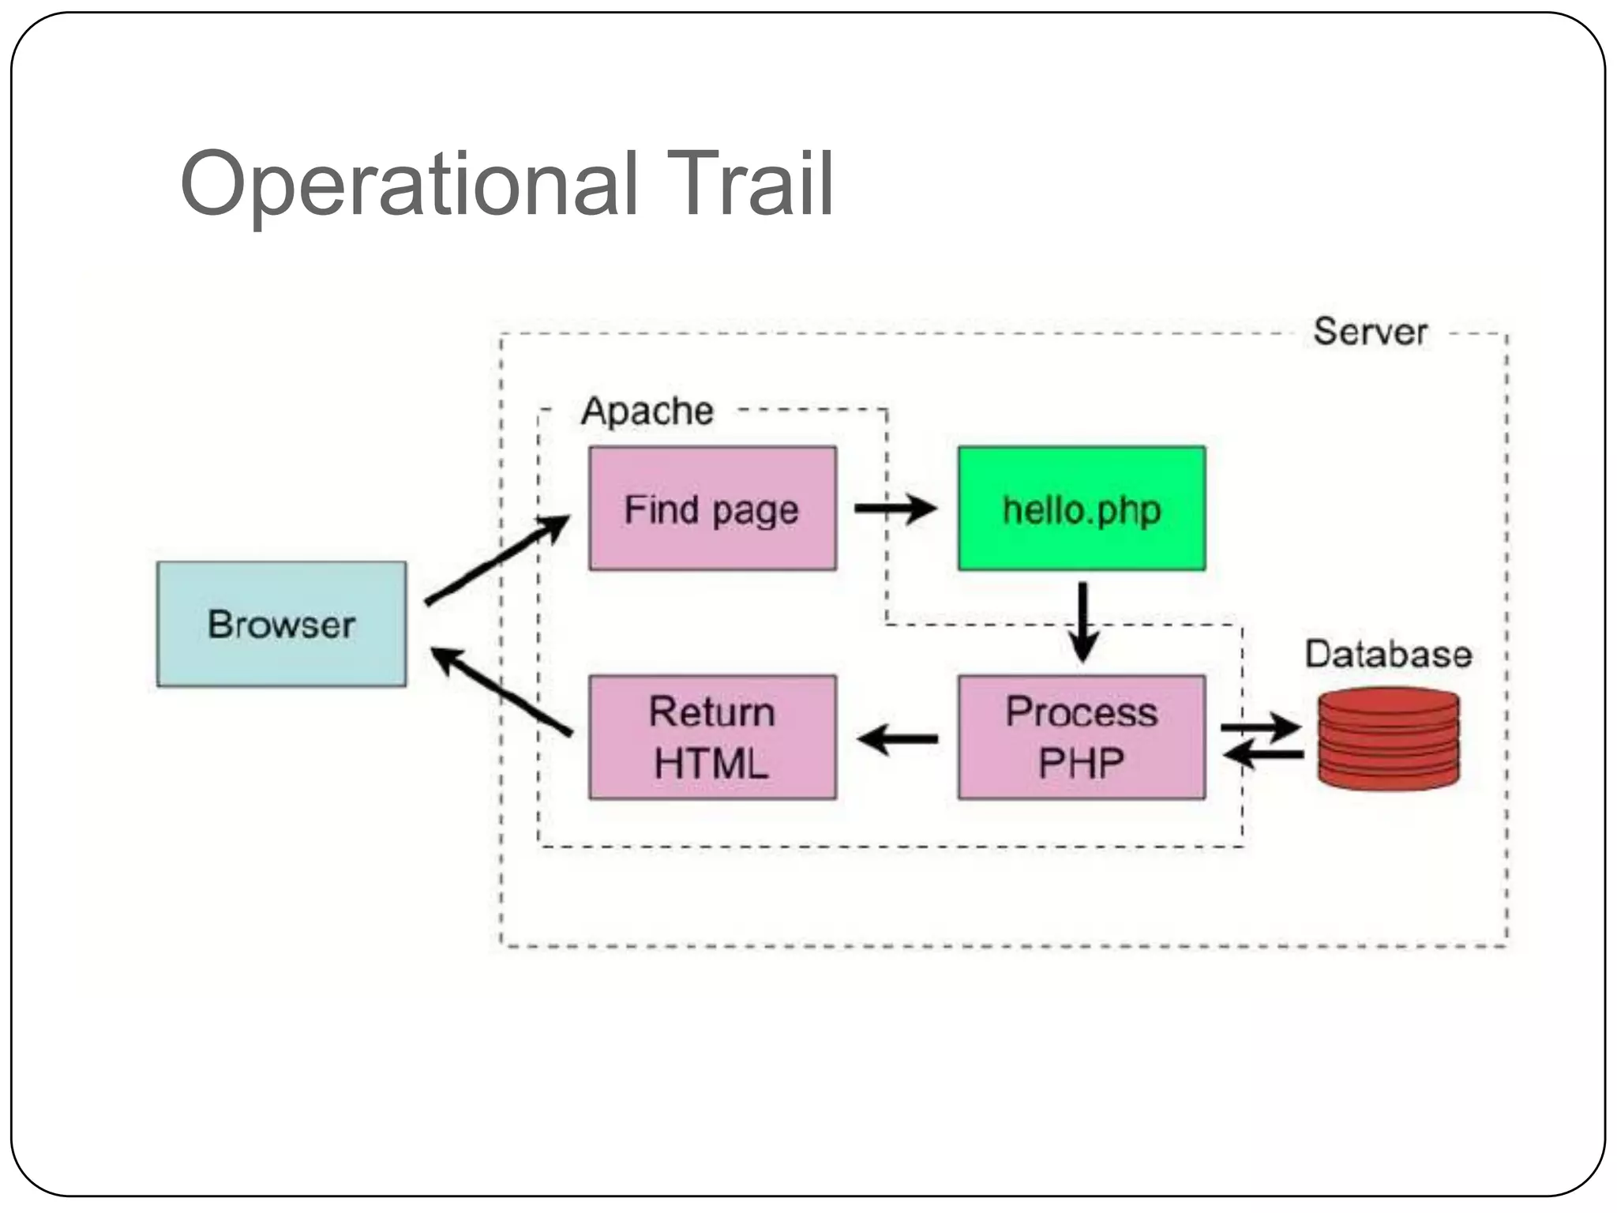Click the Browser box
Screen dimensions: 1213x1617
coord(281,624)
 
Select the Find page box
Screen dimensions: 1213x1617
coord(712,509)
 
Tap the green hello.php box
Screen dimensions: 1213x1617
coord(1081,509)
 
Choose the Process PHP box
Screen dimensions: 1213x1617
coord(1081,737)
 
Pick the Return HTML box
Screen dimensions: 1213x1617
coord(712,737)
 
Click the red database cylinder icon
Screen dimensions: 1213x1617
coord(1388,738)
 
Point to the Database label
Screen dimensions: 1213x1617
coord(1388,655)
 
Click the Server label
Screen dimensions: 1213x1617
coord(1370,332)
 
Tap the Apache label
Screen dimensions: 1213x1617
coord(647,411)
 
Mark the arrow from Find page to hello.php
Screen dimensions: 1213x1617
coord(895,509)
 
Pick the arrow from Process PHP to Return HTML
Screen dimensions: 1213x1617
coord(898,740)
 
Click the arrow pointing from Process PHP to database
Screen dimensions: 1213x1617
coord(1261,727)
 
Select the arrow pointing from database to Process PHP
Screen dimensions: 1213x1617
coord(1263,755)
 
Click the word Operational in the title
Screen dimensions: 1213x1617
coord(409,186)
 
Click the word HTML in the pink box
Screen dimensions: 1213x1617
coord(711,764)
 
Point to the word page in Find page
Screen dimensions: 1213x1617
coord(755,512)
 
